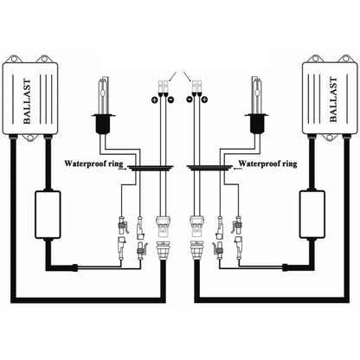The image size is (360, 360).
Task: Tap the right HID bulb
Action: [x=256, y=102]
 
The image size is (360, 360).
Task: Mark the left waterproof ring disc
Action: [x=151, y=171]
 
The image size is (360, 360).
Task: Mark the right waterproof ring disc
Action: [x=209, y=171]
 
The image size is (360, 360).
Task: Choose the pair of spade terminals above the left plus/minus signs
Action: [x=163, y=87]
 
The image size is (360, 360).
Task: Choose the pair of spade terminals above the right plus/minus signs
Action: [x=198, y=87]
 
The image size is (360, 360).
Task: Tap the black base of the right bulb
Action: [x=256, y=124]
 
